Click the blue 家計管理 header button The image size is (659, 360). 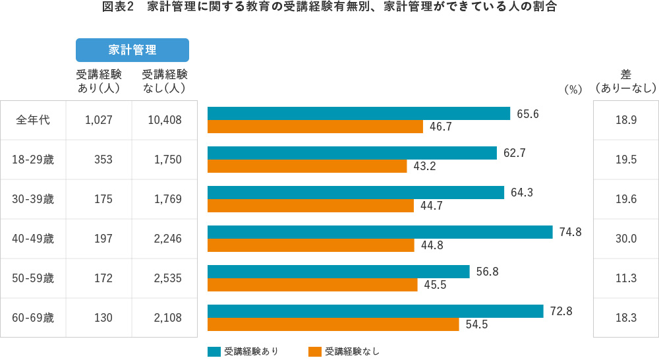tap(132, 50)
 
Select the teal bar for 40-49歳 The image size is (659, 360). tap(380, 232)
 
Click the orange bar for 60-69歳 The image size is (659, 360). tap(333, 324)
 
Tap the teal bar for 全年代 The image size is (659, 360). tap(358, 113)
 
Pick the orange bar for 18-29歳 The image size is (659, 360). tap(307, 166)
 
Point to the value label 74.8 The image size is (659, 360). tap(570, 232)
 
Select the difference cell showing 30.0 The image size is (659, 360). tap(625, 239)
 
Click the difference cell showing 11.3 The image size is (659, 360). tap(625, 278)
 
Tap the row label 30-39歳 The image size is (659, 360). tap(33, 199)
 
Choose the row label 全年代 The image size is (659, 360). tap(33, 120)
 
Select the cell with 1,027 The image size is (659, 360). tap(99, 120)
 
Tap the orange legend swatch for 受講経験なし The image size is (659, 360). tap(314, 351)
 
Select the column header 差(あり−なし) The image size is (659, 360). tap(625, 81)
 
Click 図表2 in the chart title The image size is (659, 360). tap(119, 8)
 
